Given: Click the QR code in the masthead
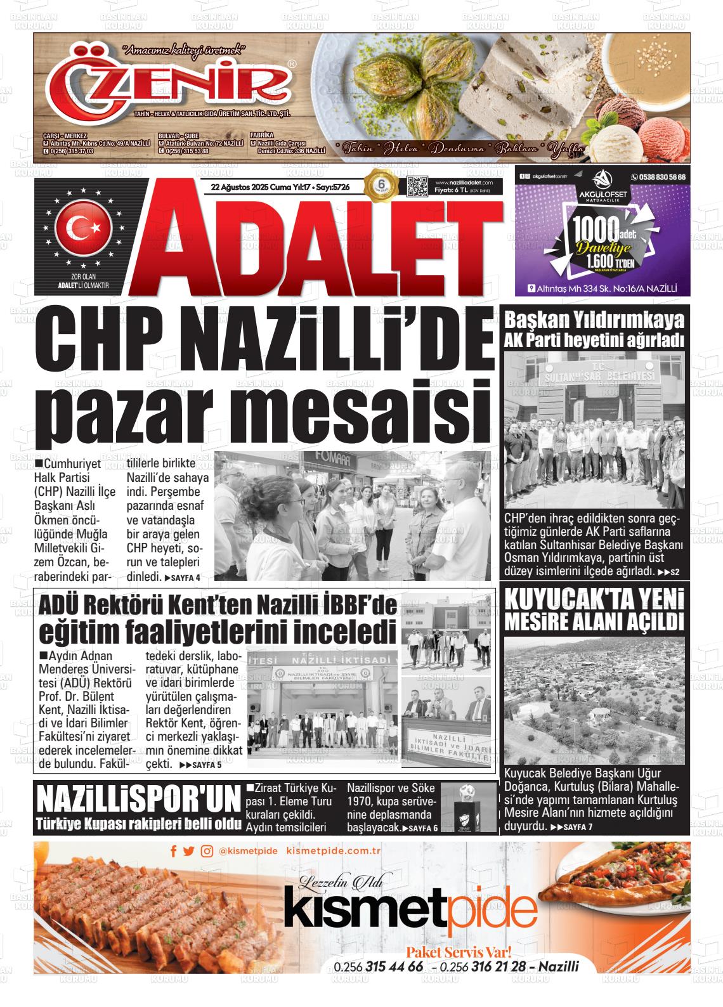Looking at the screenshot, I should (418, 188).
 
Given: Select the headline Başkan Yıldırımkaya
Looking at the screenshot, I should (594, 320).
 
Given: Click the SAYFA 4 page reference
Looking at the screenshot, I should (183, 578).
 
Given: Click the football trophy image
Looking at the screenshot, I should (468, 808).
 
